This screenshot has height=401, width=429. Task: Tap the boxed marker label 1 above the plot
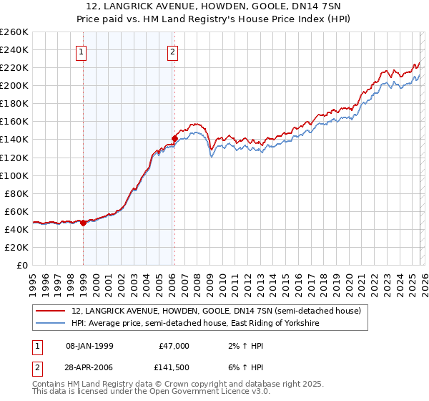pos(82,51)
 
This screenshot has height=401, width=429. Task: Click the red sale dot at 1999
pos(83,223)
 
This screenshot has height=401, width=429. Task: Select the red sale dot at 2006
pos(174,137)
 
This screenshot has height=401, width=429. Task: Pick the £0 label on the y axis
pos(21,265)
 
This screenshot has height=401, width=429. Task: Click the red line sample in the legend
pos(52,311)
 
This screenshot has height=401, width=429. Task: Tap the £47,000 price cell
pos(173,346)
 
